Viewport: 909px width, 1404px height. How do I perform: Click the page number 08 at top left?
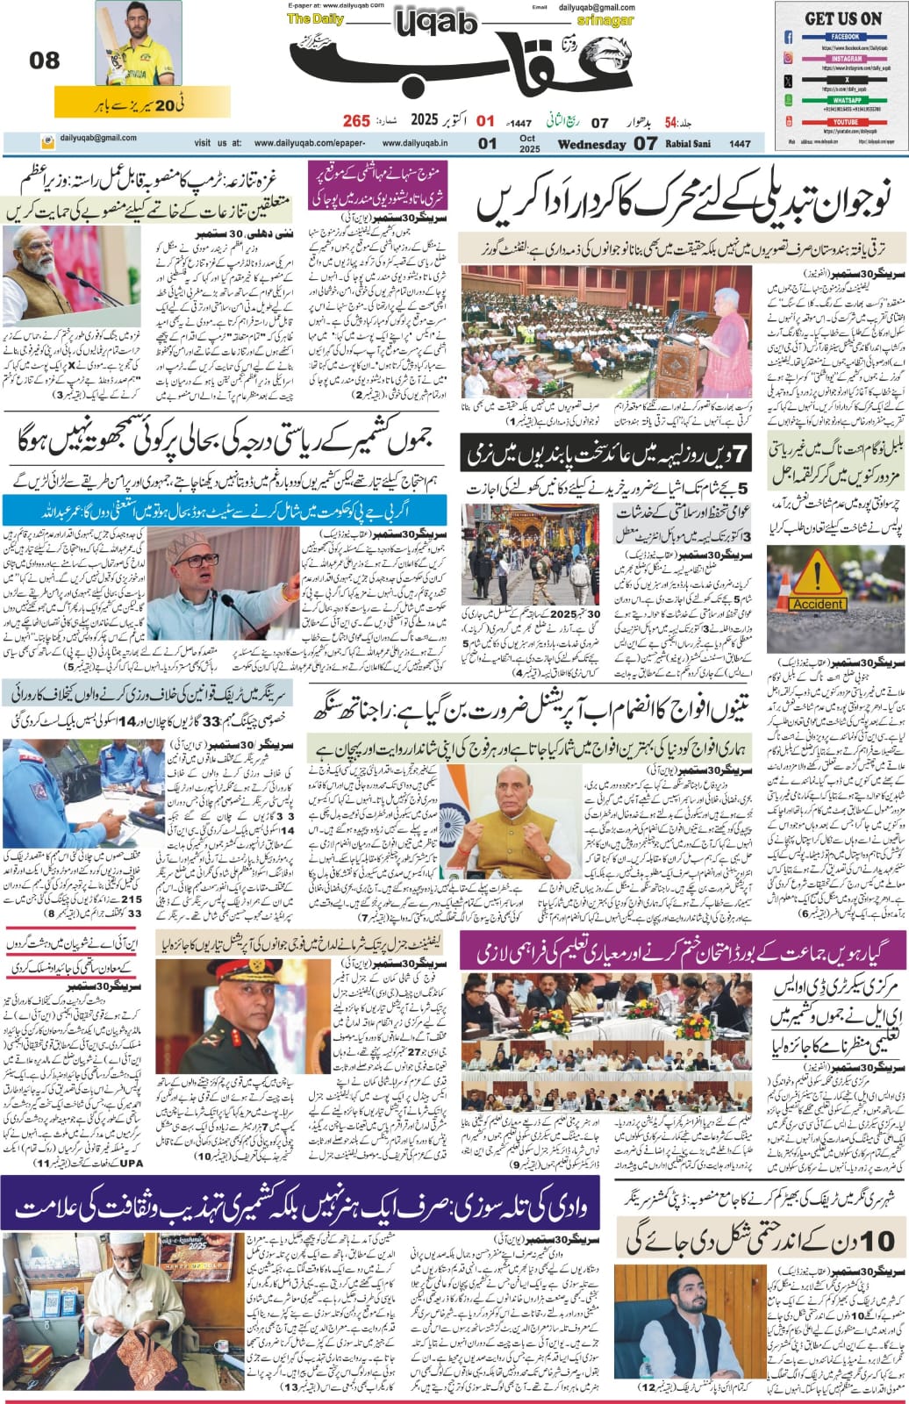pos(44,61)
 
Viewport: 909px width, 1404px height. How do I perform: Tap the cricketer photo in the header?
pos(132,44)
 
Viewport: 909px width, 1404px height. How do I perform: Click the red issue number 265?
pos(356,120)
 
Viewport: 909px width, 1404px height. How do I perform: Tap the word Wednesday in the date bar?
pos(592,144)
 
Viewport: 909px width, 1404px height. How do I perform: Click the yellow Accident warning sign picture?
pos(816,585)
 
